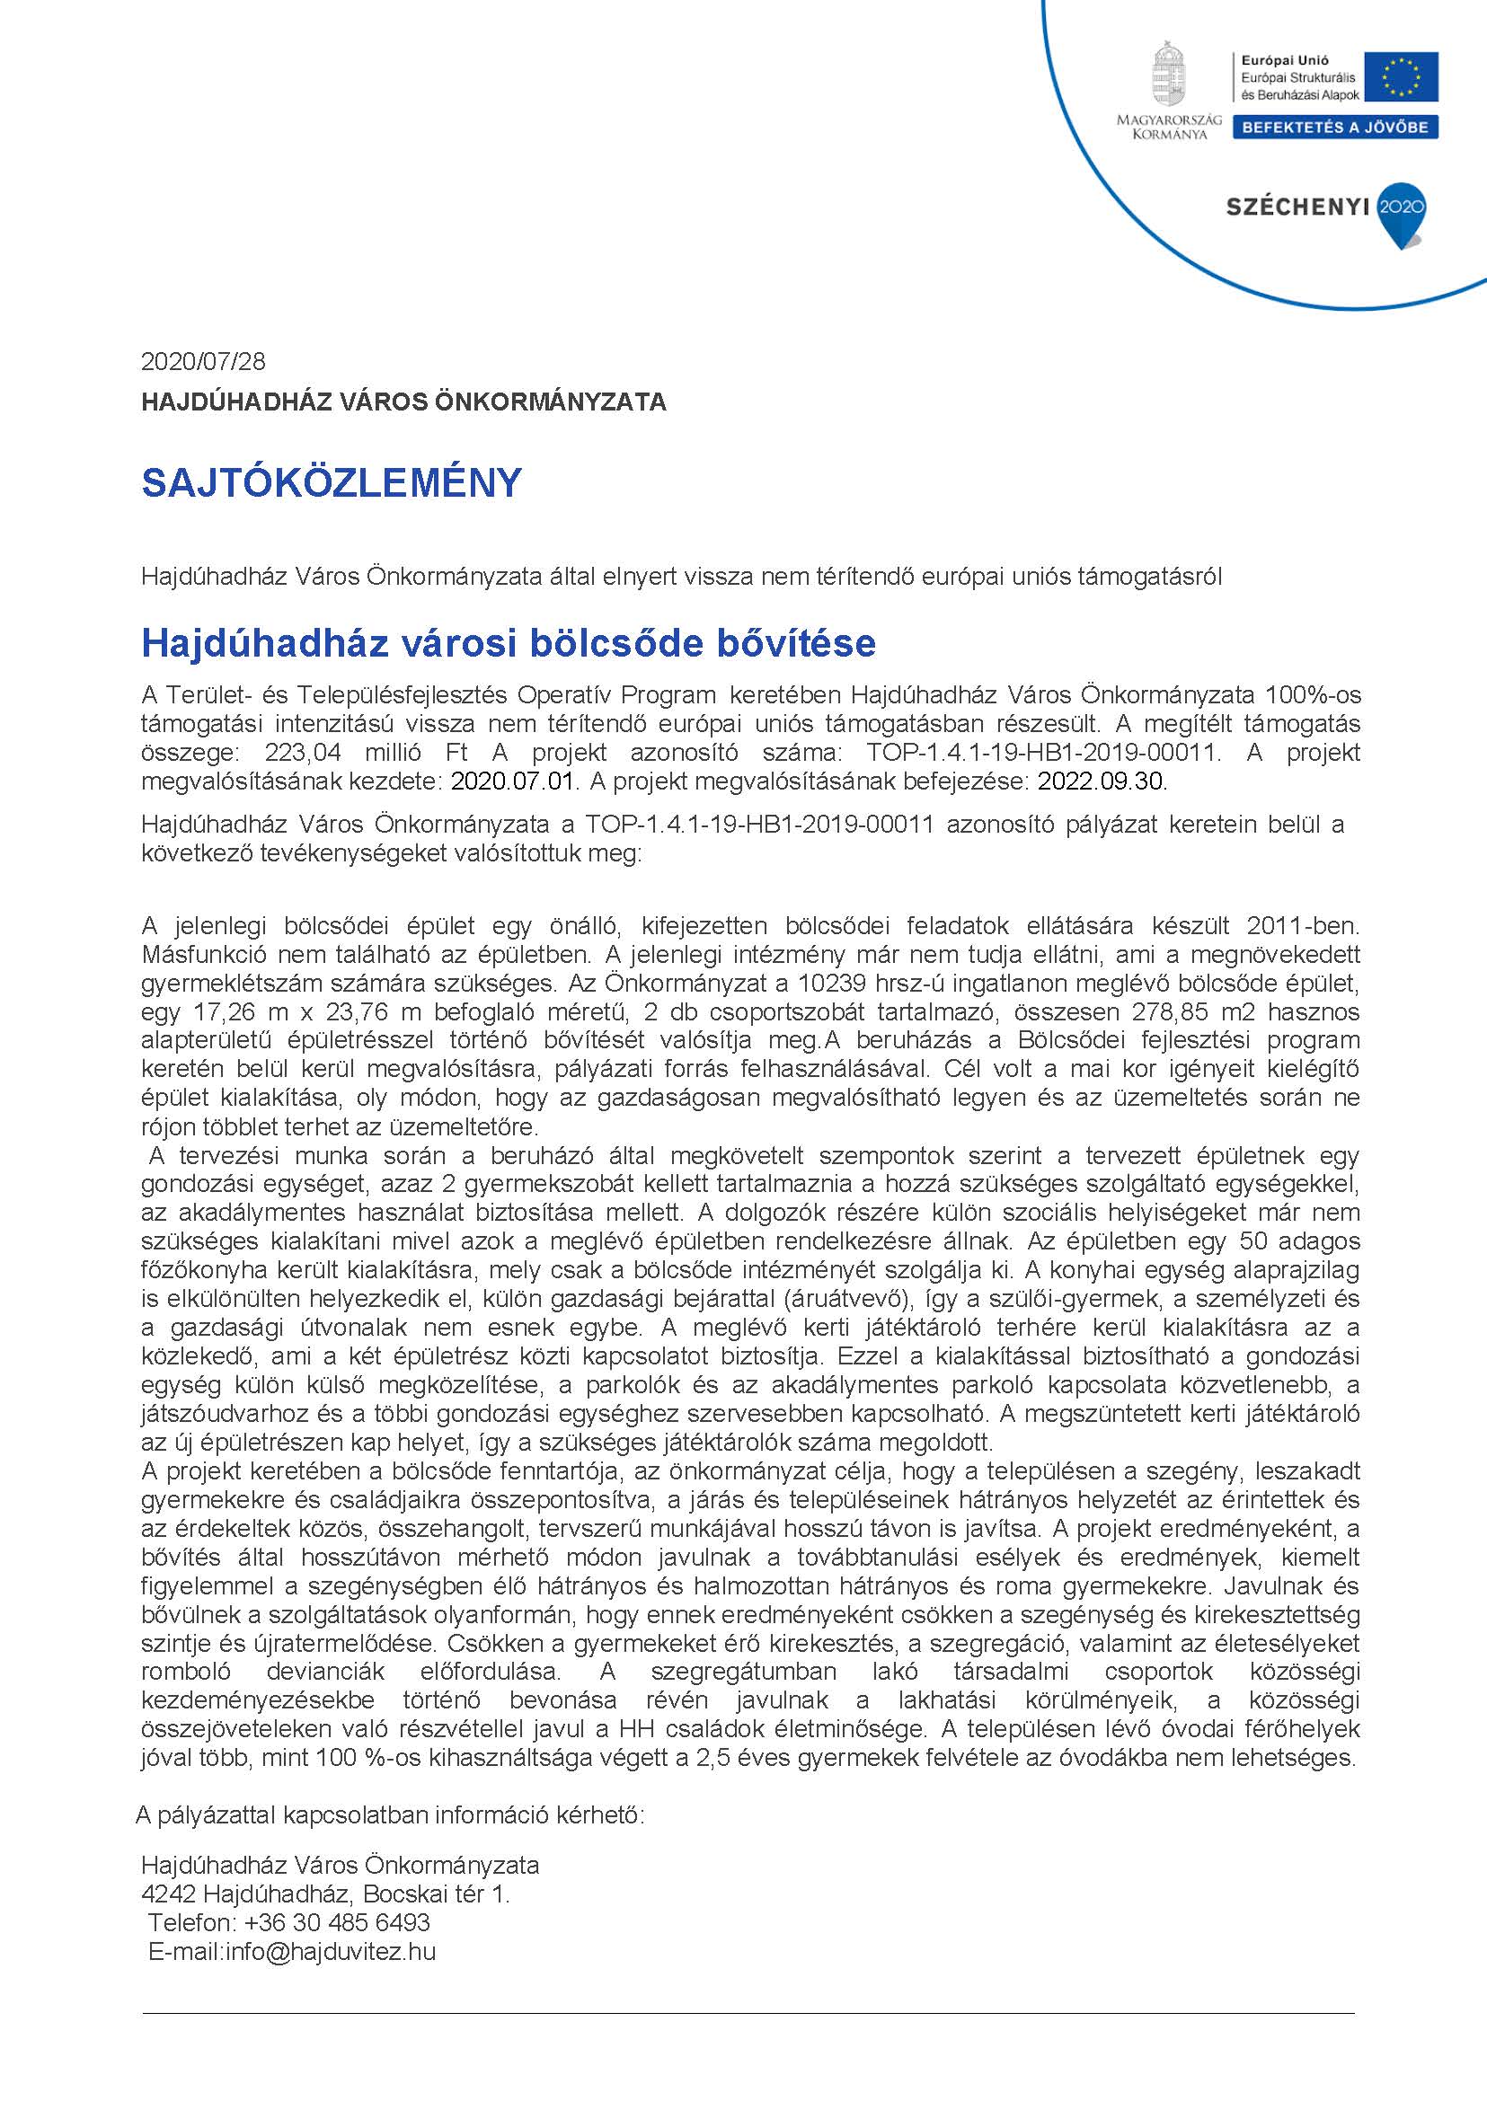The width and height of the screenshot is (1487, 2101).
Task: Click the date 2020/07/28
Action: pyautogui.click(x=203, y=362)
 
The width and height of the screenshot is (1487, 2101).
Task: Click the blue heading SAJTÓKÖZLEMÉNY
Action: pyautogui.click(x=332, y=482)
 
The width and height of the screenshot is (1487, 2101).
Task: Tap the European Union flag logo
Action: pyautogui.click(x=1401, y=76)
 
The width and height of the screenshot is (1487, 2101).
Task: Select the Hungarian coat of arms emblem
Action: pyautogui.click(x=1163, y=76)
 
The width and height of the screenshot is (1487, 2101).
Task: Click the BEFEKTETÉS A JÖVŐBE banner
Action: pyautogui.click(x=1335, y=128)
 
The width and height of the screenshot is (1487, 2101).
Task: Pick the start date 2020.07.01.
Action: pyautogui.click(x=516, y=781)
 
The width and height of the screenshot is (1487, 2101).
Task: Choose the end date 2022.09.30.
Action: pyautogui.click(x=1103, y=781)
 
